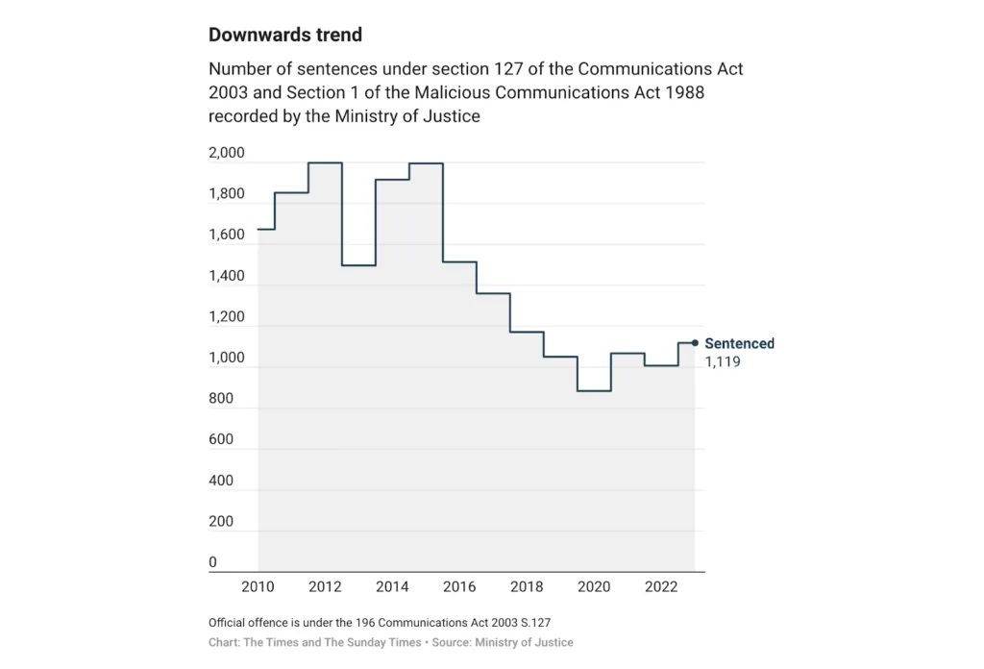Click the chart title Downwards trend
click(x=285, y=36)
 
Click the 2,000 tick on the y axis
click(x=227, y=154)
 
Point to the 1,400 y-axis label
click(x=227, y=277)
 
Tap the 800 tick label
click(x=221, y=399)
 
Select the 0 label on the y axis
click(x=213, y=562)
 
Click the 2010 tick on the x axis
click(x=258, y=588)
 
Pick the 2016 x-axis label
click(x=459, y=588)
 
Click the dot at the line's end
click(x=695, y=343)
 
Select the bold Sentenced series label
click(x=739, y=344)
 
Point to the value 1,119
click(x=723, y=362)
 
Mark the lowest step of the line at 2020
click(x=594, y=391)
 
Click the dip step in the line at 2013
click(x=358, y=265)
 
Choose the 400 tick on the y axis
click(x=221, y=481)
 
